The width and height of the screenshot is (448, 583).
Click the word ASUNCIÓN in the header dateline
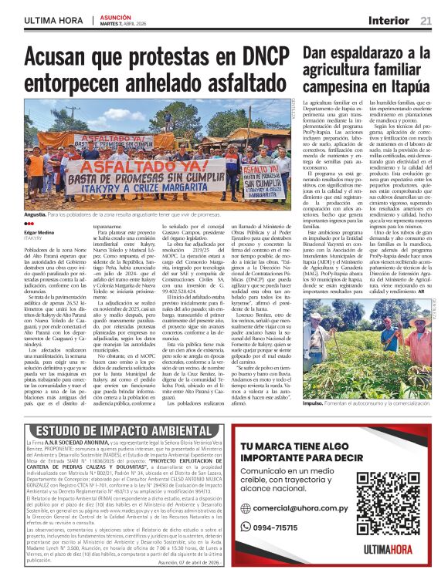114,16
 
